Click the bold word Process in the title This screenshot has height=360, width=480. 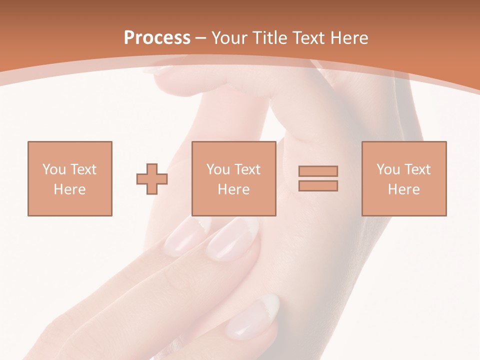(157, 38)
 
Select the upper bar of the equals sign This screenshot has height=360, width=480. (318, 171)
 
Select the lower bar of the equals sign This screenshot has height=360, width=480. (318, 186)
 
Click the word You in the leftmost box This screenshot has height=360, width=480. (52, 169)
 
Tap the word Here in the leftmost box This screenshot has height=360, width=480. (69, 189)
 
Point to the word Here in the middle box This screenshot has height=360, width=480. (233, 189)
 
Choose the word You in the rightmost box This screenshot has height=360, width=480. (387, 169)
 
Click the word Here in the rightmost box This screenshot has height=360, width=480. (403, 189)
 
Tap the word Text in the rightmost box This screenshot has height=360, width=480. (417, 169)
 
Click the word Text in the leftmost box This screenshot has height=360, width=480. (83, 169)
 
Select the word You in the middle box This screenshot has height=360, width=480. (217, 169)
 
